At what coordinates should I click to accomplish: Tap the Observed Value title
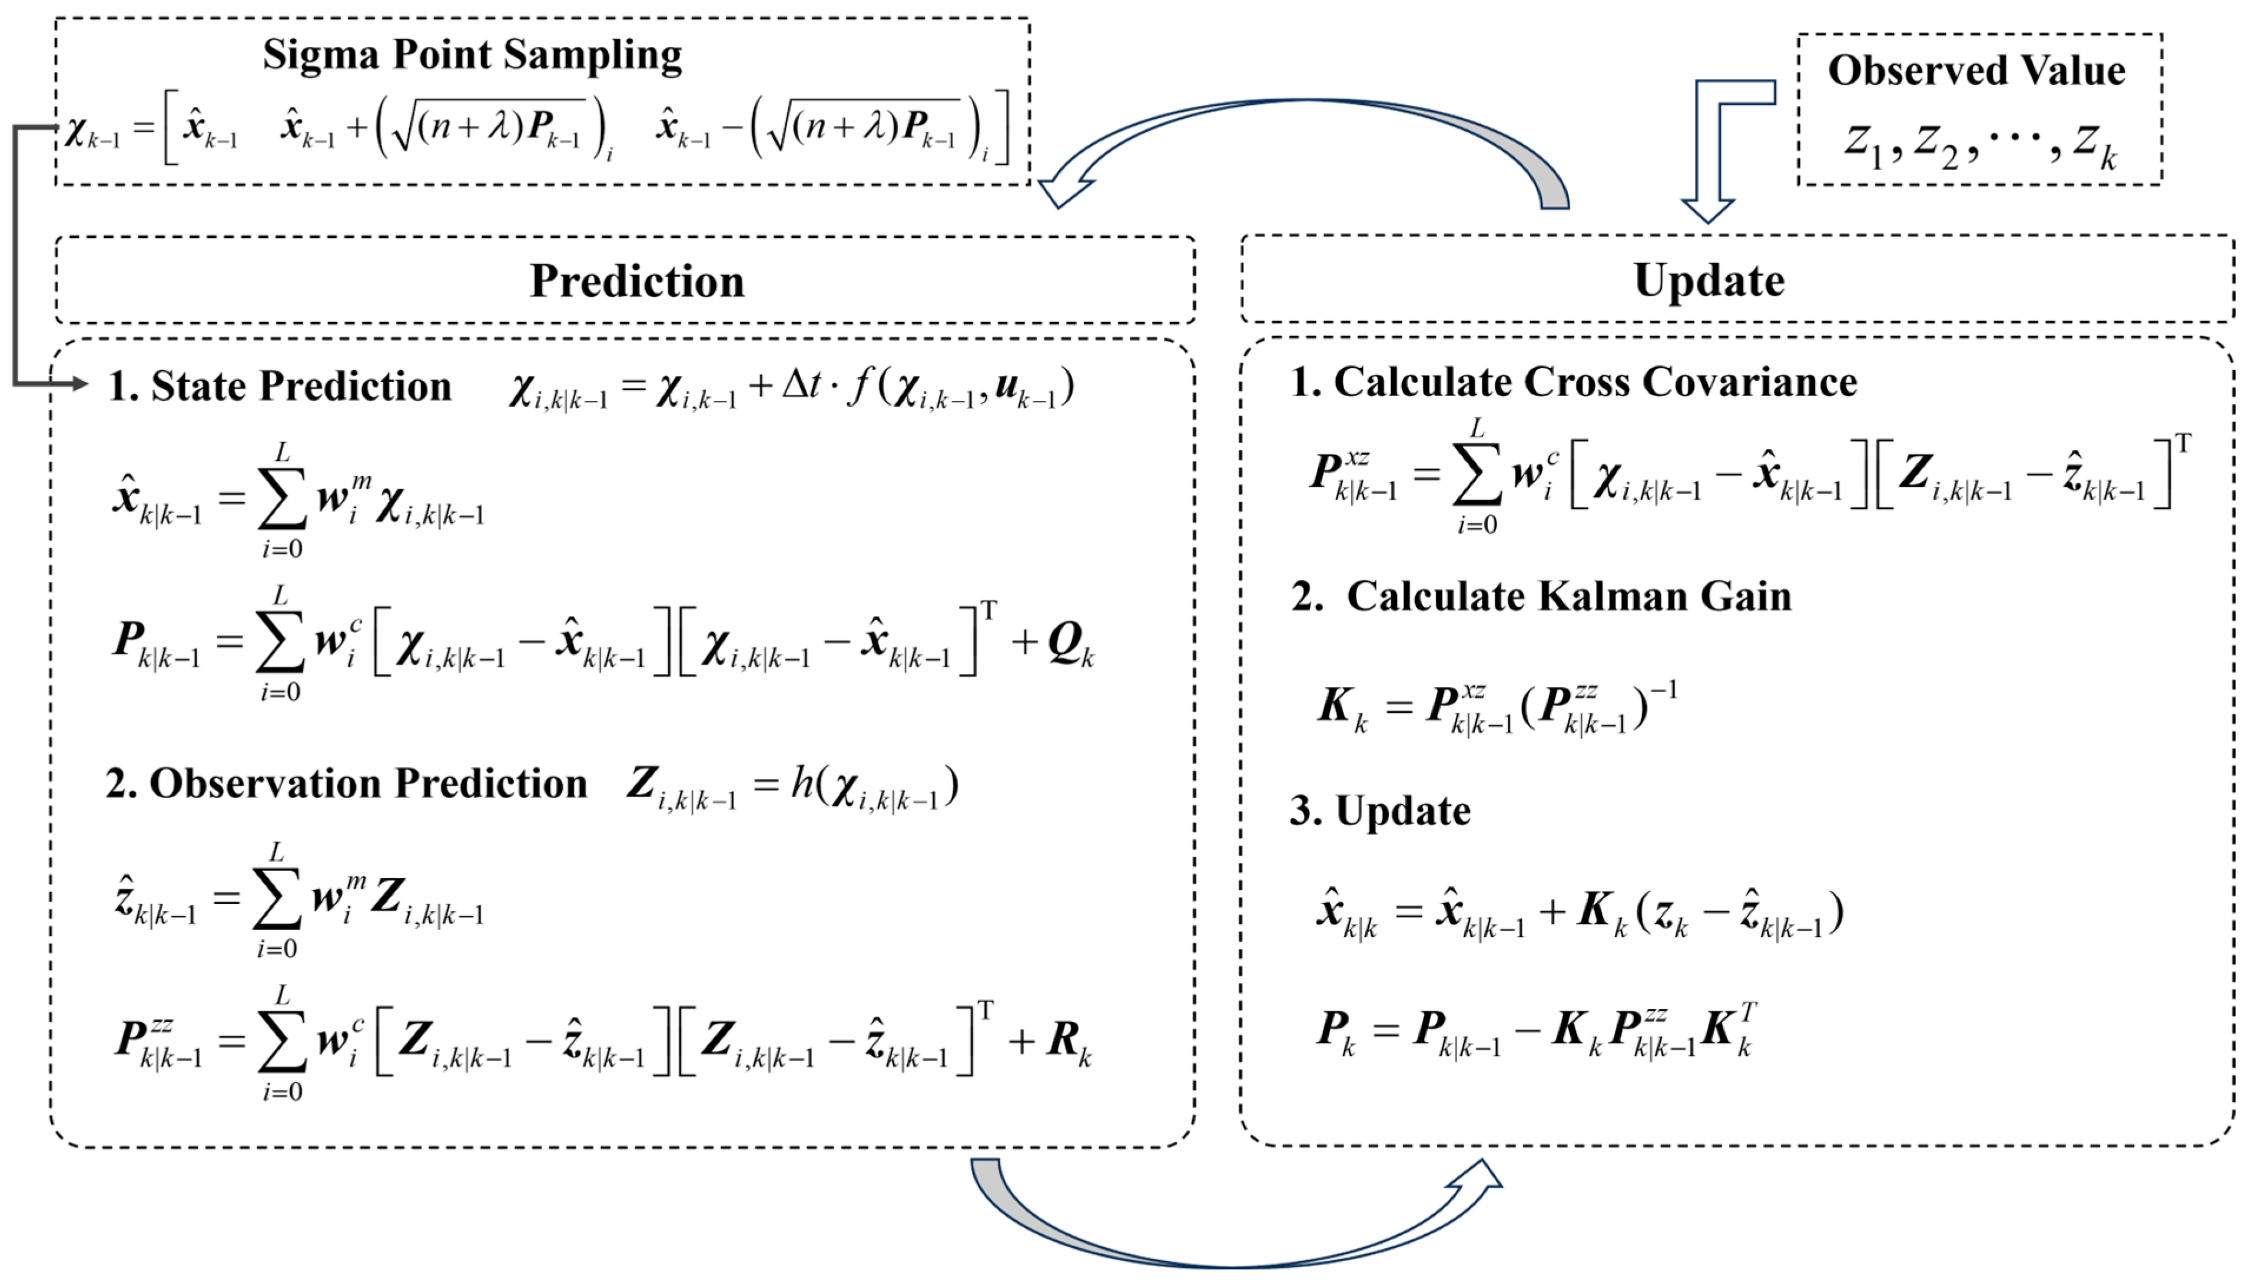click(1976, 71)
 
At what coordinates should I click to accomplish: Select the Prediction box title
click(637, 281)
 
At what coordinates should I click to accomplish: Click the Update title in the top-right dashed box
click(1709, 281)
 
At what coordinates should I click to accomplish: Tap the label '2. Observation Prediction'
click(346, 783)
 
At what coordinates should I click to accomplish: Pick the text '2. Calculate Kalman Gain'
click(1541, 597)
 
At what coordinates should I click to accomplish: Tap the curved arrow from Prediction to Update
click(1237, 1237)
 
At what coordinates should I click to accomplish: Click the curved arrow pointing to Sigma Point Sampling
click(1308, 124)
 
